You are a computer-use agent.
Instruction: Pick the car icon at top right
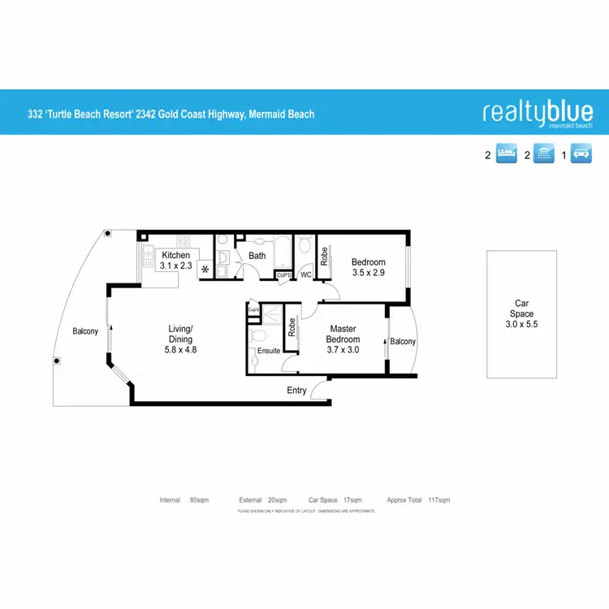[581, 154]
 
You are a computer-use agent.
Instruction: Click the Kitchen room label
[175, 256]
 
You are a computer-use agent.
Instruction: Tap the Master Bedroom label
[343, 334]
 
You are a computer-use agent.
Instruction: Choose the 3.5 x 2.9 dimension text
[368, 274]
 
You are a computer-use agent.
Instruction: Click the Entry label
[297, 391]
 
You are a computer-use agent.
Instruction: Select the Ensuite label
[269, 351]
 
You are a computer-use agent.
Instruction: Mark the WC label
[306, 276]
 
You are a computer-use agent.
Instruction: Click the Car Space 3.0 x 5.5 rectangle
[521, 314]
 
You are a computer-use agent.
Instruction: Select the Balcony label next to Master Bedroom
[403, 342]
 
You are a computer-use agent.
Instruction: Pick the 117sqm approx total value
[438, 500]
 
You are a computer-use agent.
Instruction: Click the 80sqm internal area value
[199, 500]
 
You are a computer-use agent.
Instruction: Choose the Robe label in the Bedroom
[324, 257]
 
